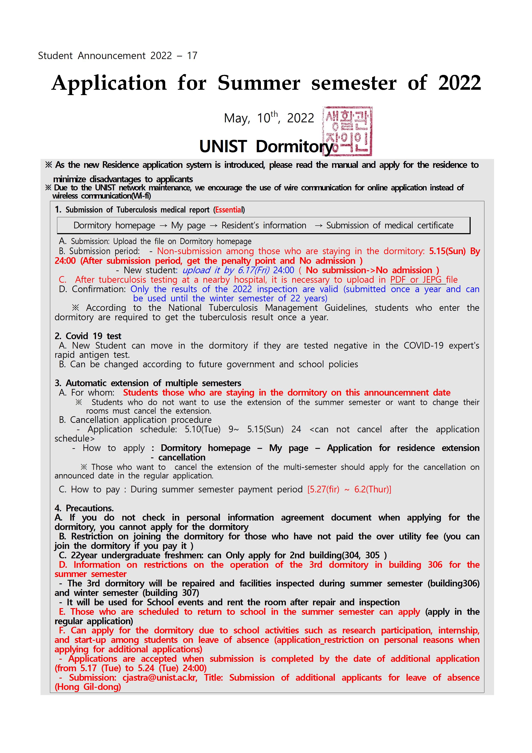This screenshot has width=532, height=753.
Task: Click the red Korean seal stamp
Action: click(x=348, y=131)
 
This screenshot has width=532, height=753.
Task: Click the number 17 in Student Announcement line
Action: click(x=192, y=56)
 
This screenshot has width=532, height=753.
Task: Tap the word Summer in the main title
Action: click(x=259, y=83)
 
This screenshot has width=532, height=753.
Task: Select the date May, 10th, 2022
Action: click(x=269, y=118)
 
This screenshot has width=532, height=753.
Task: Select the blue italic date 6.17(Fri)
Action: click(x=249, y=270)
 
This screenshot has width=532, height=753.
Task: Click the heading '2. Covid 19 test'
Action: click(x=88, y=336)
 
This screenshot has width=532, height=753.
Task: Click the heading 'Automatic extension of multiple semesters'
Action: click(x=153, y=383)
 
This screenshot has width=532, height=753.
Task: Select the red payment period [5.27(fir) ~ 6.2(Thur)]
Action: click(x=349, y=490)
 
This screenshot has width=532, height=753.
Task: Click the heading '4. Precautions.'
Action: click(x=84, y=508)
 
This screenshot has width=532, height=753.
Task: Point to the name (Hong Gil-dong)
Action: click(x=88, y=687)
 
